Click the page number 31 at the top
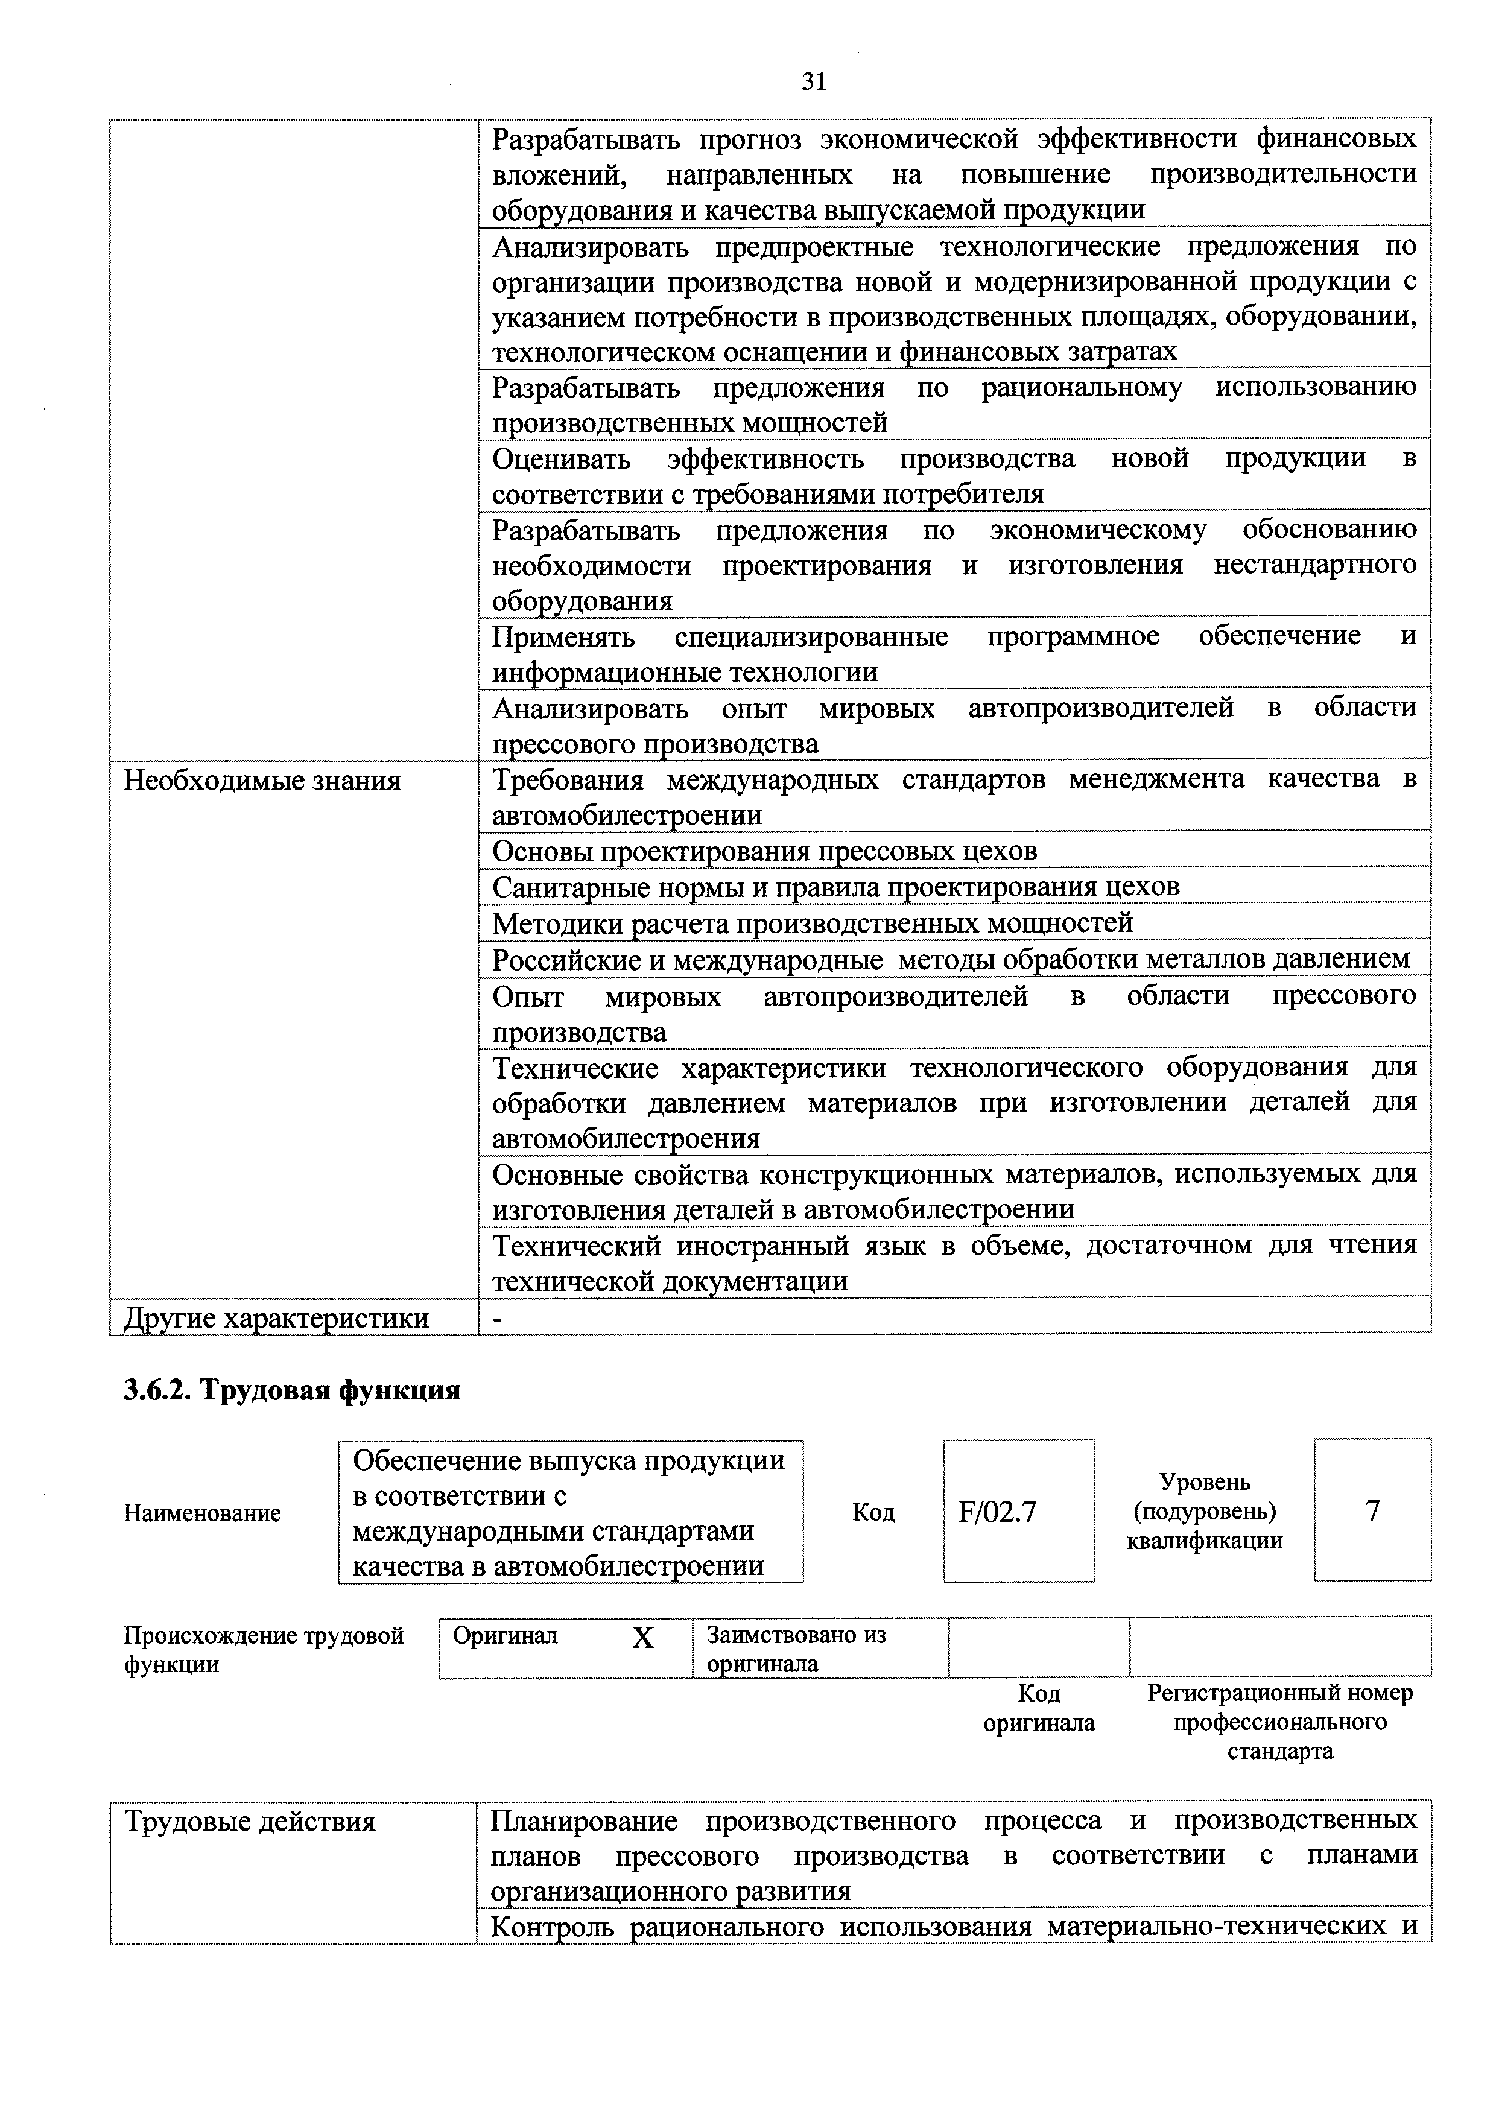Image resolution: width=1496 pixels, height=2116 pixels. click(814, 82)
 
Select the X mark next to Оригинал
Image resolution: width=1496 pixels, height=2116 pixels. click(642, 1638)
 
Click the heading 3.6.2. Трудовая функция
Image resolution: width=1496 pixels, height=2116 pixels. click(291, 1390)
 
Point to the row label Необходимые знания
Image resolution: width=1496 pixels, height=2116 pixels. click(262, 782)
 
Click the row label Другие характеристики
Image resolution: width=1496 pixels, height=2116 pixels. click(276, 1318)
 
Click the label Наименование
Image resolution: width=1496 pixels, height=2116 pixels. click(202, 1513)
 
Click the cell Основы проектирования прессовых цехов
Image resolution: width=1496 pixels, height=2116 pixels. click(764, 851)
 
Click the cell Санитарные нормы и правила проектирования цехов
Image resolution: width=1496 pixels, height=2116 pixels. click(835, 887)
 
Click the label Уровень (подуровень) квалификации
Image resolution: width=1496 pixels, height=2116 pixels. click(1204, 1512)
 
